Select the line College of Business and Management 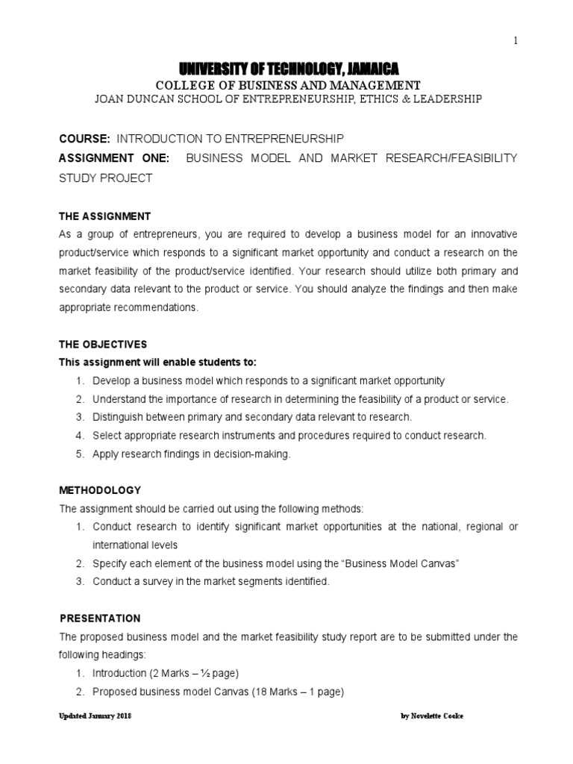286,85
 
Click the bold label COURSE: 84,139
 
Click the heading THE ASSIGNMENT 104,216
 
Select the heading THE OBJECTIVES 103,344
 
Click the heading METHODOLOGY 99,490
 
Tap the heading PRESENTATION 99,619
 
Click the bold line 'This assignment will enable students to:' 157,362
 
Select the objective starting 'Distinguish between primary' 252,417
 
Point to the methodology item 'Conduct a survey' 210,581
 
